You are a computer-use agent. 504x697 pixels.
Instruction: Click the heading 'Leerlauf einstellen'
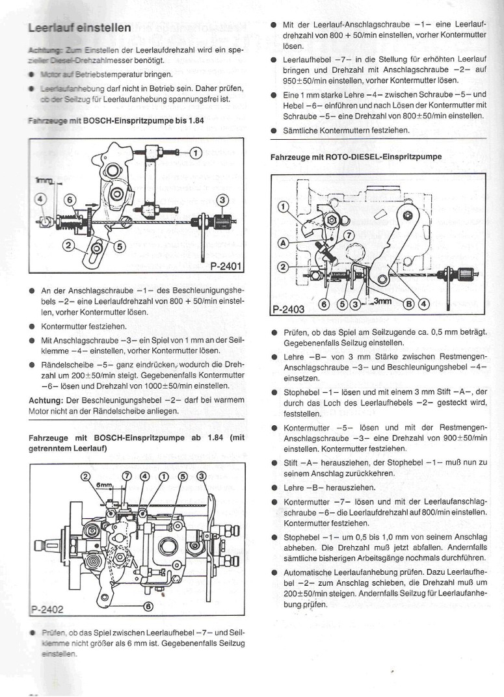click(x=80, y=28)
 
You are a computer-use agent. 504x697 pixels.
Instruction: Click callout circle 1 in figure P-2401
click(x=196, y=153)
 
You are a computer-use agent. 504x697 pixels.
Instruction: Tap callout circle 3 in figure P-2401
click(x=222, y=200)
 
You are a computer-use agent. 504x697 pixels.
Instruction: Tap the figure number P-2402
click(x=49, y=609)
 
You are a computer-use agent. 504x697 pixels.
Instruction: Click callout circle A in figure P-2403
click(x=284, y=241)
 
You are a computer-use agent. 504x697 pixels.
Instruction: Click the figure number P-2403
click(x=287, y=309)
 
